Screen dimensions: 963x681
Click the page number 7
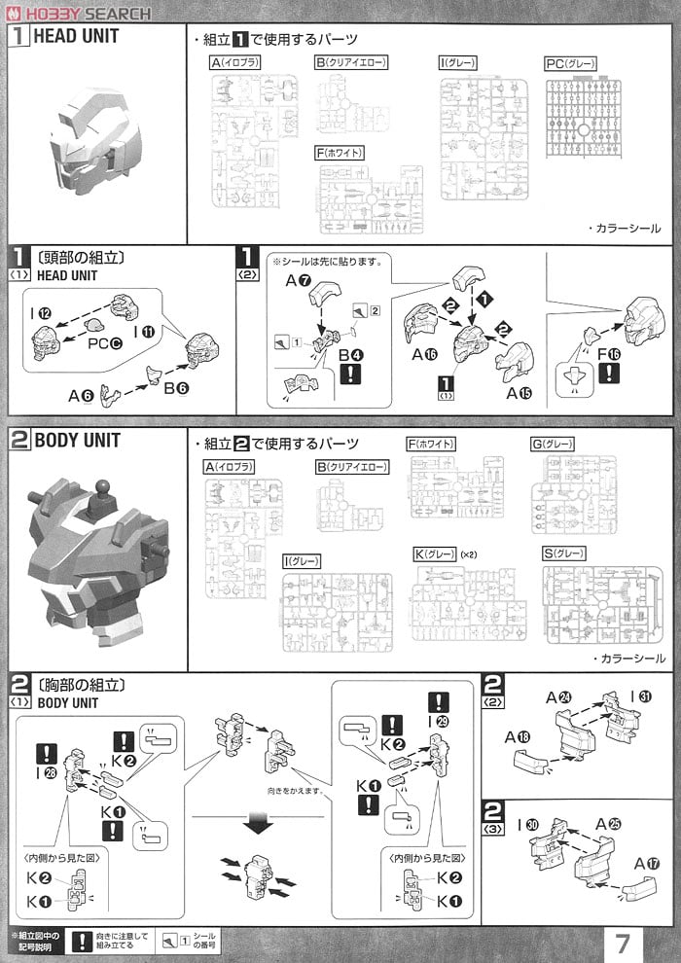623,943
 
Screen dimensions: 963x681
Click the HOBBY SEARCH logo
78,13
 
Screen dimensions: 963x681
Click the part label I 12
42,312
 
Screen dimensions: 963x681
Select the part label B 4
351,355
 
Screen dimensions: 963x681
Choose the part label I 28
45,773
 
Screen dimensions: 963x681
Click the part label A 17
645,862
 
